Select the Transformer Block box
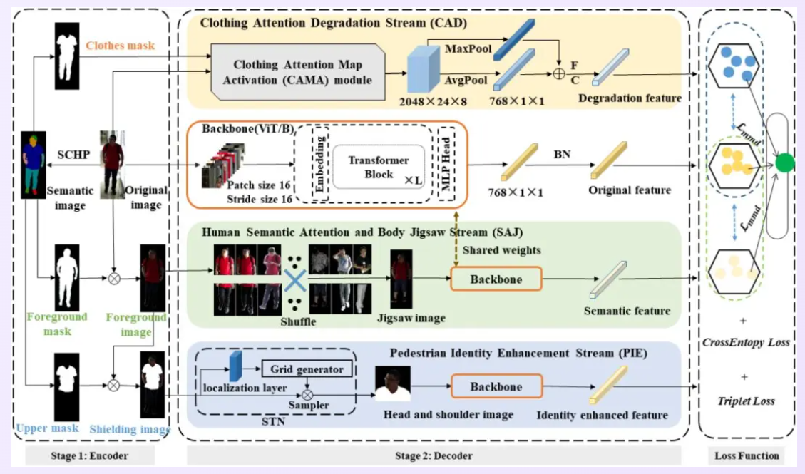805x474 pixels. pos(378,168)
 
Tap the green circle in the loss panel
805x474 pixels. pos(785,163)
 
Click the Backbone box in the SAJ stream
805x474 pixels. pos(496,279)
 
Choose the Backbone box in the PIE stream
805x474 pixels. pos(496,386)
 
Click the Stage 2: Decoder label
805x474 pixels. pos(434,455)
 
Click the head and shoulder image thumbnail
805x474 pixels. pos(393,387)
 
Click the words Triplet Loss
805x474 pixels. pos(747,401)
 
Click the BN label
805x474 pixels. pos(563,153)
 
